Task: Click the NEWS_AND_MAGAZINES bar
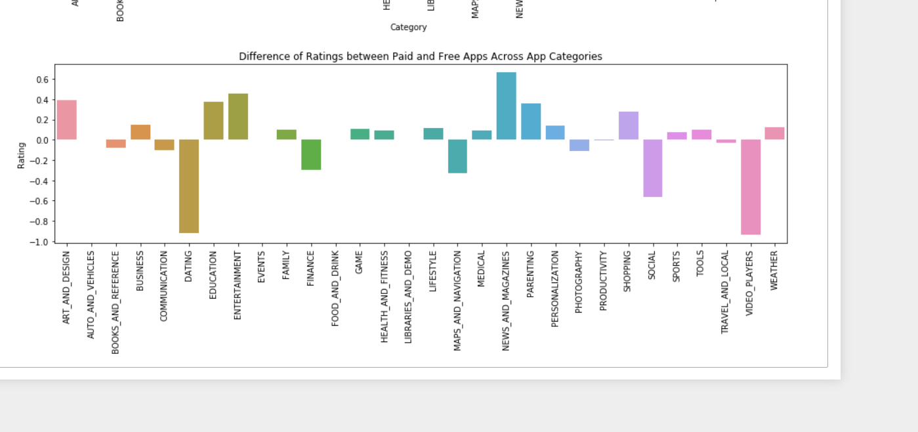tap(506, 106)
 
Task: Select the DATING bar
tap(189, 186)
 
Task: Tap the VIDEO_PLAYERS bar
tap(751, 186)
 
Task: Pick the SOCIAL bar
tap(652, 168)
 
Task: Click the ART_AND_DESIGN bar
tap(67, 119)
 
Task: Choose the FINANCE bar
tap(311, 154)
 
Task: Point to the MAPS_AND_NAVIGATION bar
tap(457, 156)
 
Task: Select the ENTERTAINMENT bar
tap(238, 116)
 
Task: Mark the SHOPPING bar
tap(629, 125)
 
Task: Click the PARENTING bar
tap(531, 121)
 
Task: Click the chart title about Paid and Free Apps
tap(420, 56)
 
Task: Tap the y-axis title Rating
tap(21, 156)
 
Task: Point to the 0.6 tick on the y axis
tap(42, 79)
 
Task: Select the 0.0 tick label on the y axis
tap(42, 140)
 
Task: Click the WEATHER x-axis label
tap(774, 270)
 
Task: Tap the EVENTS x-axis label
tap(262, 267)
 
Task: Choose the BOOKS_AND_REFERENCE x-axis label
tap(115, 302)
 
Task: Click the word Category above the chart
tap(408, 27)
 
